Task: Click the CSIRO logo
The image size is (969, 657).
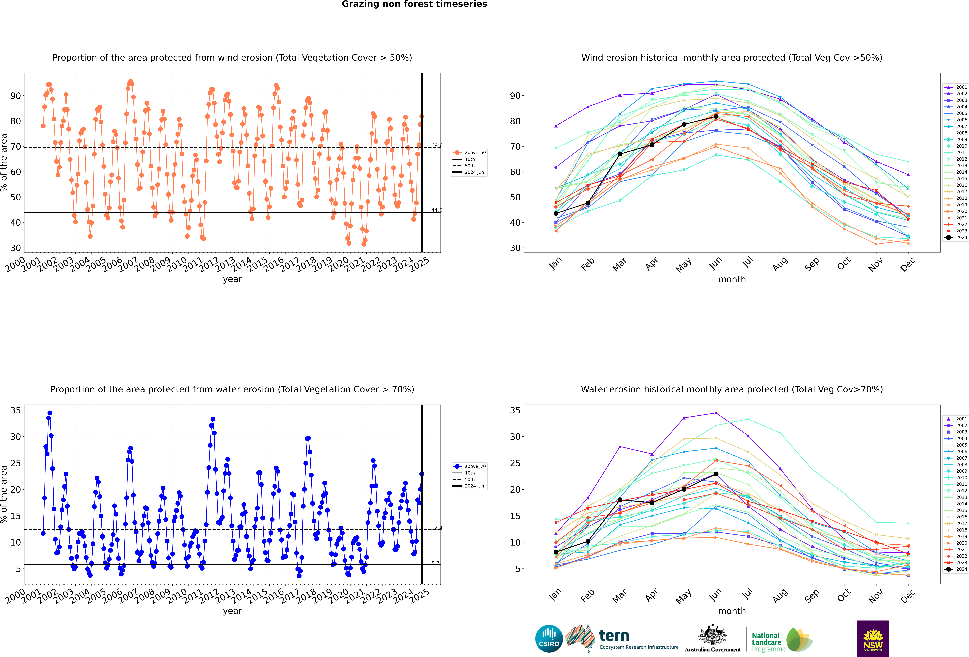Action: [x=549, y=639]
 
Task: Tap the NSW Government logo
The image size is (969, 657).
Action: [x=873, y=639]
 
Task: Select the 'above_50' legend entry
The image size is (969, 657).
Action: [x=469, y=153]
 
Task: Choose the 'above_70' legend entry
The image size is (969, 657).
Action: [x=469, y=466]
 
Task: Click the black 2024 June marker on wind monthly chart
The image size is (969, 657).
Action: [x=716, y=116]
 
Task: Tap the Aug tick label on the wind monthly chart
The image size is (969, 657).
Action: [x=780, y=264]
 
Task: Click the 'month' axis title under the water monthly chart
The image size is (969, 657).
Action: [x=732, y=611]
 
